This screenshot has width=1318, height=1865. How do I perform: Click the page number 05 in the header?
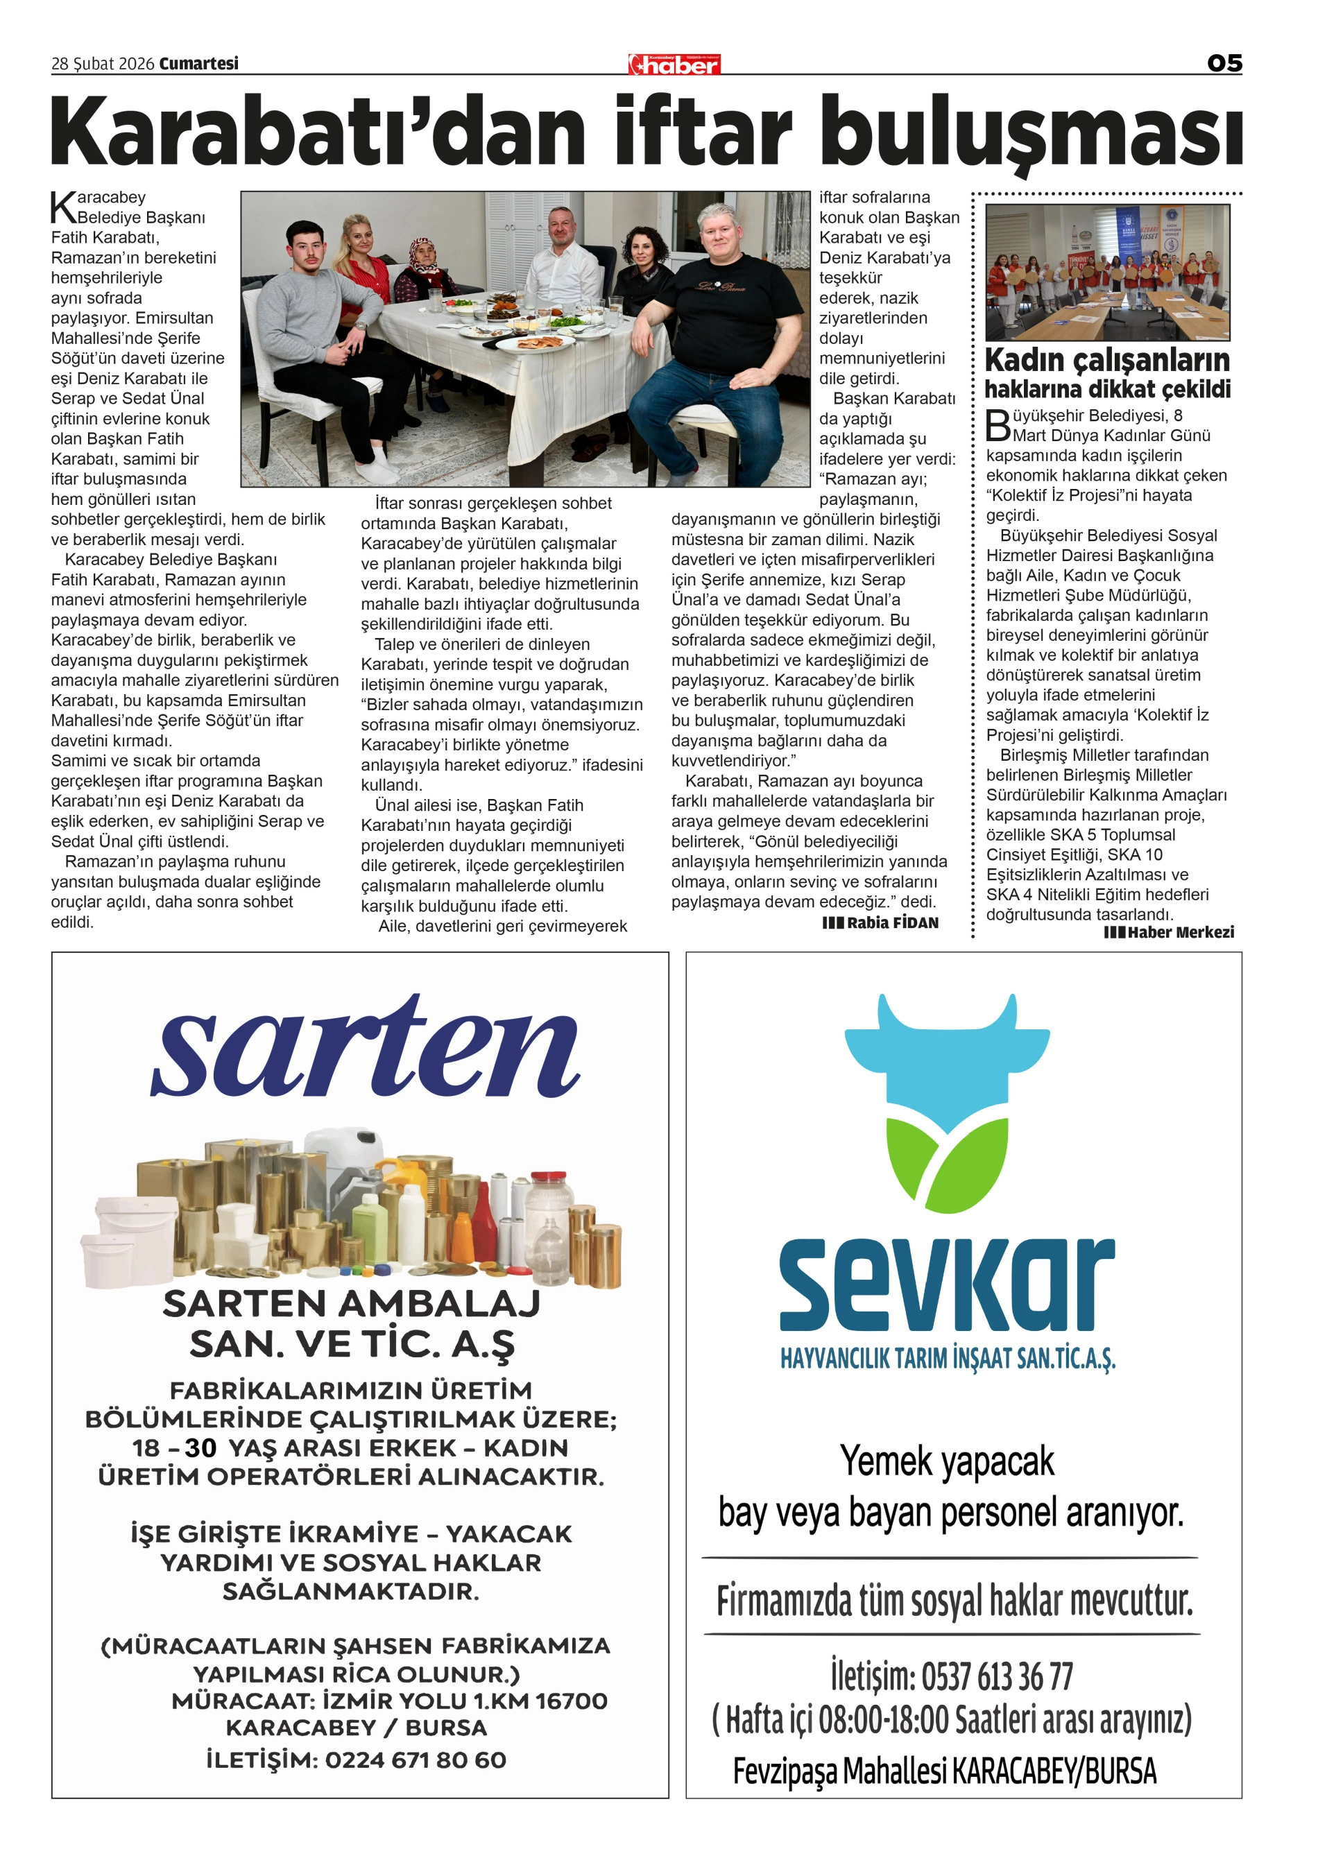coord(1224,63)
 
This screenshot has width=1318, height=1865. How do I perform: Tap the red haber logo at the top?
coord(674,65)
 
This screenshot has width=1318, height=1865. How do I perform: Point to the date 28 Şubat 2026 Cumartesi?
coord(145,63)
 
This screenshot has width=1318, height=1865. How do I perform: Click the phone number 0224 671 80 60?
coord(416,1760)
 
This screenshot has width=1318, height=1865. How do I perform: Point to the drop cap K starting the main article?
coord(63,208)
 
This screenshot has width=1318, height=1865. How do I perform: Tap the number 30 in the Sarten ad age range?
coord(200,1447)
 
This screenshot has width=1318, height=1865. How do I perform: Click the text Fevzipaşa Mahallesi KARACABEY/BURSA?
coord(944,1771)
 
